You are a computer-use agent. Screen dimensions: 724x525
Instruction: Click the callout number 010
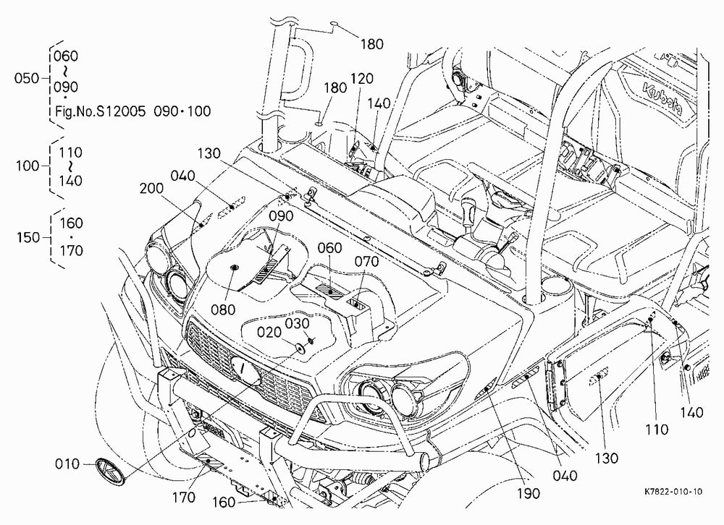click(67, 464)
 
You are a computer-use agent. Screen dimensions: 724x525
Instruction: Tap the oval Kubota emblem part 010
click(111, 471)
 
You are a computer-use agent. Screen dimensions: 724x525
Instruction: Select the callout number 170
click(184, 498)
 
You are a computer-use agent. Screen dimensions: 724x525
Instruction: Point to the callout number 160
click(224, 503)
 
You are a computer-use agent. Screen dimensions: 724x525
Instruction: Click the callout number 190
click(529, 494)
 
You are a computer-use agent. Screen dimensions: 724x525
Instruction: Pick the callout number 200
click(151, 188)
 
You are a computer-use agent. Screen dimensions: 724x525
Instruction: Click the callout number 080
click(224, 310)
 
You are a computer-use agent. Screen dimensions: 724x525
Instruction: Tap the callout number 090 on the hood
click(281, 216)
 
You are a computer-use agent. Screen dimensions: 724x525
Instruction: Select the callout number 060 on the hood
click(329, 248)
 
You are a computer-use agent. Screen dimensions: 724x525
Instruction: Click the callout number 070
click(366, 262)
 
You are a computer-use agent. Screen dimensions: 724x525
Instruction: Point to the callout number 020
click(269, 333)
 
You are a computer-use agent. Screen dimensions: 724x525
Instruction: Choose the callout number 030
click(297, 323)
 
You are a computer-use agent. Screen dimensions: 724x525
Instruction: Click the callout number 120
click(361, 79)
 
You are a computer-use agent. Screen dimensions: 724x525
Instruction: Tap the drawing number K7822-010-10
click(673, 492)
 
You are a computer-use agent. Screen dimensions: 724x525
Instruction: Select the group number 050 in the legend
click(27, 78)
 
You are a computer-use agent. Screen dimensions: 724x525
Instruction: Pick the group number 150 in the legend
click(29, 238)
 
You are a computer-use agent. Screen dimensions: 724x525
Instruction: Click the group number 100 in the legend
click(28, 166)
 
